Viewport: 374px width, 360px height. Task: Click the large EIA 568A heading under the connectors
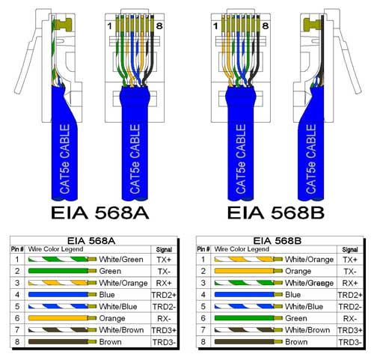click(99, 213)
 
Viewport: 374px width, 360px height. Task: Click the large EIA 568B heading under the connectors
click(276, 213)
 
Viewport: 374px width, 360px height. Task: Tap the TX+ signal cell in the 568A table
click(164, 260)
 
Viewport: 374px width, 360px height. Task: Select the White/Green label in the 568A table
click(121, 260)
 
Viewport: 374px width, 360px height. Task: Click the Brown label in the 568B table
click(296, 342)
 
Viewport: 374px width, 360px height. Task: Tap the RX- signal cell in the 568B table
click(350, 319)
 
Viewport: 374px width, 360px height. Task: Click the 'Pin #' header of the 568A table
click(17, 249)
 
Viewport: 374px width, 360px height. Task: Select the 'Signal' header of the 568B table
click(350, 249)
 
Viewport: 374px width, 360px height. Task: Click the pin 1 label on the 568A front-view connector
click(109, 25)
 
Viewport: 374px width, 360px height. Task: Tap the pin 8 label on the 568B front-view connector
click(266, 25)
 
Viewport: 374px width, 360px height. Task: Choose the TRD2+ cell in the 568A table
click(164, 295)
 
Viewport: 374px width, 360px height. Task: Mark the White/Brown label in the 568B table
click(307, 330)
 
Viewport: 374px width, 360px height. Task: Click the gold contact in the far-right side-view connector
click(312, 25)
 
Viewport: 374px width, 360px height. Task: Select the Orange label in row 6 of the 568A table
click(112, 318)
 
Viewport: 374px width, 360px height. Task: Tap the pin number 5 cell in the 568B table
click(203, 307)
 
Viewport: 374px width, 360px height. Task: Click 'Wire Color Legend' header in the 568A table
click(55, 249)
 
